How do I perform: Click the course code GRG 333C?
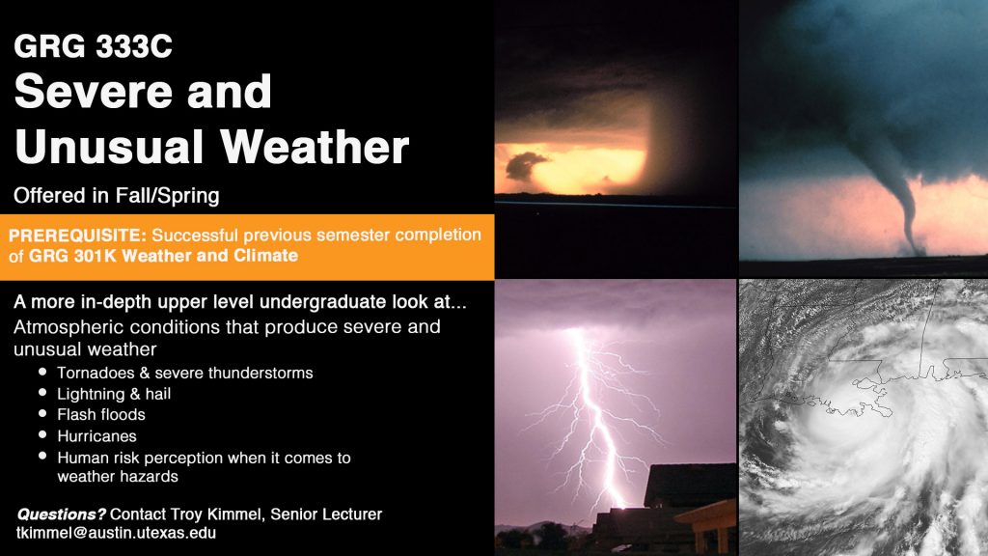tap(93, 46)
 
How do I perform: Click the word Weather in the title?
tap(315, 147)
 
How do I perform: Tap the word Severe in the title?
tap(94, 92)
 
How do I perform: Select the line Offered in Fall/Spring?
tap(117, 195)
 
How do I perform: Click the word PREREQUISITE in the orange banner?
tap(77, 236)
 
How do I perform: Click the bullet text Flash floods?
tap(100, 415)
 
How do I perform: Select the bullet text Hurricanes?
tap(96, 436)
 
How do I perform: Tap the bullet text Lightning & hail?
tap(114, 394)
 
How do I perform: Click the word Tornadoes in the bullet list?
tap(96, 373)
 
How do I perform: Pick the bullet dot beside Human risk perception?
tap(42, 456)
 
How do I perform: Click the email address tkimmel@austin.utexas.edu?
tap(117, 533)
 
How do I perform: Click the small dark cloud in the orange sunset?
tap(525, 166)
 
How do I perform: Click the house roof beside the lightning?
tap(689, 486)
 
